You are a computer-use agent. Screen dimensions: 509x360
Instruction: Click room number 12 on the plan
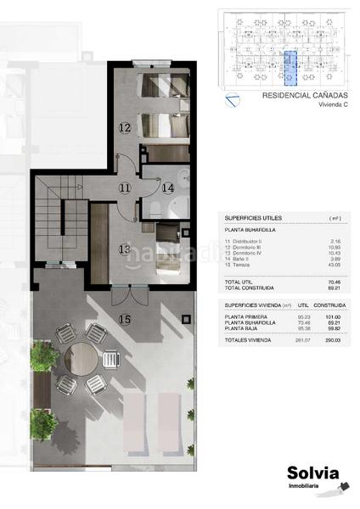point(124,128)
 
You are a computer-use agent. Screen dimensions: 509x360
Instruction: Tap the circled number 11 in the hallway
point(125,187)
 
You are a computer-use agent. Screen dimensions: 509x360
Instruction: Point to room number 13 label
point(124,249)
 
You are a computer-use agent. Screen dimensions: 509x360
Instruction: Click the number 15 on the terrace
point(125,319)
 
